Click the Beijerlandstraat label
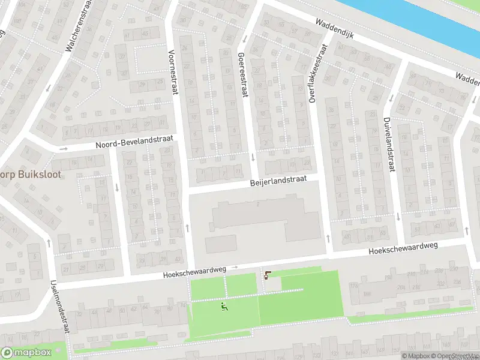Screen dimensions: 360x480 point(278,181)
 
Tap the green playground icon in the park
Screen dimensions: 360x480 point(224,307)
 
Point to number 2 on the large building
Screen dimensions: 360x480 point(257,205)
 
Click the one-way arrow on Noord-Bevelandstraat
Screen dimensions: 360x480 point(64,148)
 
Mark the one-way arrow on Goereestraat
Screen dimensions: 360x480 point(253,158)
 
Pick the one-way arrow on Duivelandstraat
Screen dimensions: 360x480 point(398,216)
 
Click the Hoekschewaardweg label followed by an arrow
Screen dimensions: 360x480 point(194,272)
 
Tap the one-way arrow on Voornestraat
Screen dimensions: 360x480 point(187,227)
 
